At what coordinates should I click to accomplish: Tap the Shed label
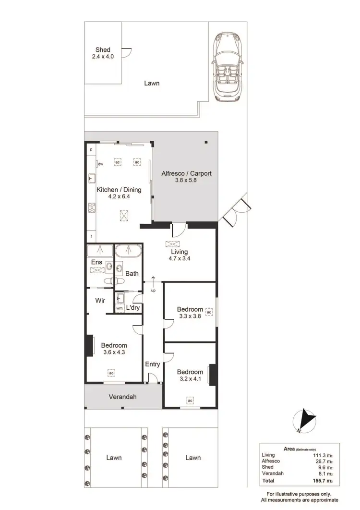(x=103, y=50)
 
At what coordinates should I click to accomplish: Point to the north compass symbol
(x=304, y=421)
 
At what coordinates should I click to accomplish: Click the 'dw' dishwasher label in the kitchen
(x=101, y=164)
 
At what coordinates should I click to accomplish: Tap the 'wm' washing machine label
(x=119, y=308)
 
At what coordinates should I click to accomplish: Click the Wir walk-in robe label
(x=100, y=301)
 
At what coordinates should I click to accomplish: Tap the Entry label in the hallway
(x=153, y=364)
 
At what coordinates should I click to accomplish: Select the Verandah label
(x=122, y=397)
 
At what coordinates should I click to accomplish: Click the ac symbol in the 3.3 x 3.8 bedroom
(x=208, y=312)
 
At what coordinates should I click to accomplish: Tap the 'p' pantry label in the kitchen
(x=90, y=150)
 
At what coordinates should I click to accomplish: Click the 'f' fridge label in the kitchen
(x=90, y=237)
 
